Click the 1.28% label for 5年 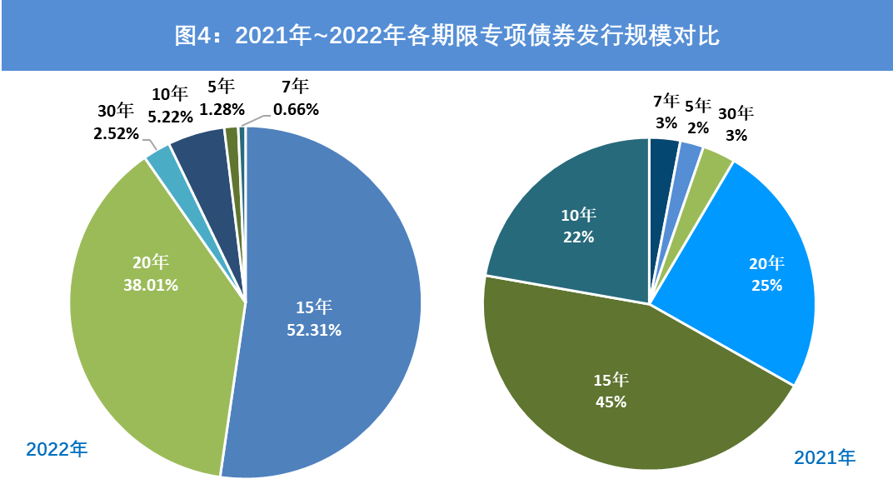tap(222, 108)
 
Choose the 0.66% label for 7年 tap(296, 108)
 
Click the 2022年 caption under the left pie tap(57, 450)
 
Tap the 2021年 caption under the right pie tap(825, 457)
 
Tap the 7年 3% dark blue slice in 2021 tap(663, 150)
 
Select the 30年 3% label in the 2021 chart tap(736, 124)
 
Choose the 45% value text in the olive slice tap(611, 402)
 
